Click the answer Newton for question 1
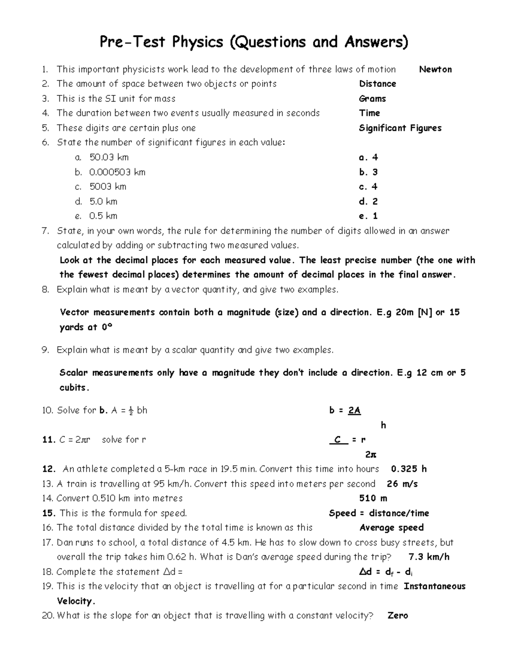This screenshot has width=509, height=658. click(435, 69)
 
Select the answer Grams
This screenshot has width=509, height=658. click(372, 99)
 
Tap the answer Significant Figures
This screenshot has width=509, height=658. click(400, 128)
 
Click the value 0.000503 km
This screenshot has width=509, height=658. click(117, 172)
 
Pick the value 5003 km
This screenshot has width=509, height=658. click(108, 187)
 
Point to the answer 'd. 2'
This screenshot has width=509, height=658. click(368, 201)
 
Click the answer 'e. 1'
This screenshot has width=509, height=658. click(368, 216)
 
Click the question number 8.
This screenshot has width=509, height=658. click(46, 290)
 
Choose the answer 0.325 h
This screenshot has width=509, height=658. click(408, 469)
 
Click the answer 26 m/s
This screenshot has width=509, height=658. click(402, 484)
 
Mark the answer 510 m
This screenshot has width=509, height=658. click(373, 498)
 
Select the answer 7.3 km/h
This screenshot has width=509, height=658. click(429, 557)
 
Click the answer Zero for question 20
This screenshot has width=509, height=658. click(398, 616)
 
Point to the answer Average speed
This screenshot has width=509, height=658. click(392, 528)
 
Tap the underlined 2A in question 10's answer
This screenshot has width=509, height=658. click(354, 411)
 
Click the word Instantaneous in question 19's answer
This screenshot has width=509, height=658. click(434, 586)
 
